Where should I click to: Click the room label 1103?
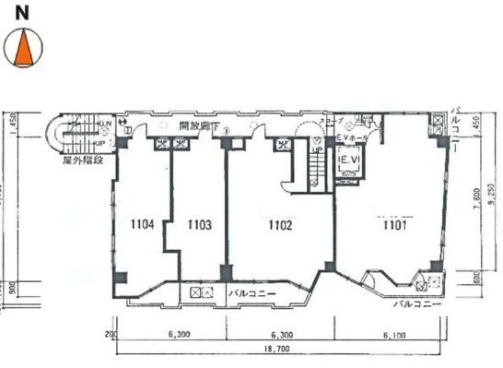(x=200, y=223)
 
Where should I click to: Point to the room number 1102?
(x=281, y=223)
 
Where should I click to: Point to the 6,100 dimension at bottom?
(x=391, y=333)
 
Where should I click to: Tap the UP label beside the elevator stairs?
(x=315, y=149)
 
